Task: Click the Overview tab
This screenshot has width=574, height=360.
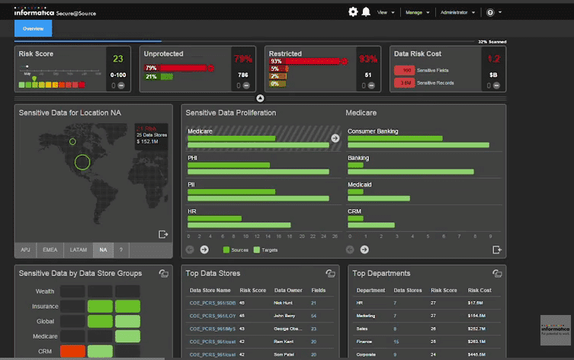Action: (x=34, y=29)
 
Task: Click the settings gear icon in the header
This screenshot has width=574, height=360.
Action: (x=353, y=11)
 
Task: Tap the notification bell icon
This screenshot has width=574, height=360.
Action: (x=366, y=11)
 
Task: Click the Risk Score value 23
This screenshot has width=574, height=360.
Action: (x=118, y=59)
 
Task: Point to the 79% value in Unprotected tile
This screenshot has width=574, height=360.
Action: (x=243, y=59)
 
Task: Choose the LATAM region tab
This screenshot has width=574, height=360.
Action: (x=79, y=249)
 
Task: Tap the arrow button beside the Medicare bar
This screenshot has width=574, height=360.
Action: (x=335, y=138)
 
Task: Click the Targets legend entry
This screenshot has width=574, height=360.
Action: (x=267, y=249)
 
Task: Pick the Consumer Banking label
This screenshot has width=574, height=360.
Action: (x=373, y=131)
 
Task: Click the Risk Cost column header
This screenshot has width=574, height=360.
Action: (x=480, y=291)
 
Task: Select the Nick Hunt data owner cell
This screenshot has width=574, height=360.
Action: (x=284, y=303)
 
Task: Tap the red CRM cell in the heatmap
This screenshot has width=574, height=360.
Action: (x=74, y=351)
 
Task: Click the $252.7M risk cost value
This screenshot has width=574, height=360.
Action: (x=478, y=329)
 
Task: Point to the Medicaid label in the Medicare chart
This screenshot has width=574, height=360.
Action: (x=360, y=185)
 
